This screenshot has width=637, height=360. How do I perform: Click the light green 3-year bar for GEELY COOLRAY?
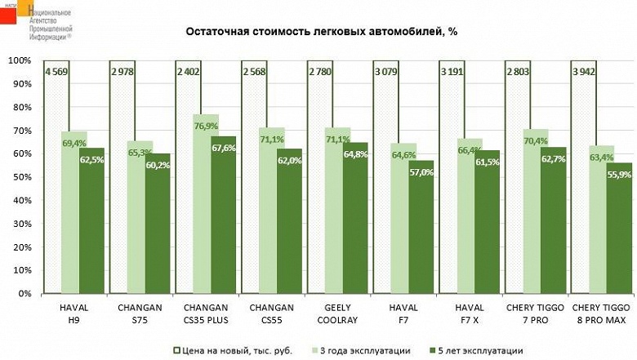(338, 220)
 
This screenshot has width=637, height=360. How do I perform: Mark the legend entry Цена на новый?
(243, 350)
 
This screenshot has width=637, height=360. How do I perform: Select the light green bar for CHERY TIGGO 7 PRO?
(536, 220)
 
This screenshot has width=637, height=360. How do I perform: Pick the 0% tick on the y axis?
(24, 293)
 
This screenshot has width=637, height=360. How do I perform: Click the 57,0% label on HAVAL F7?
(421, 172)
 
